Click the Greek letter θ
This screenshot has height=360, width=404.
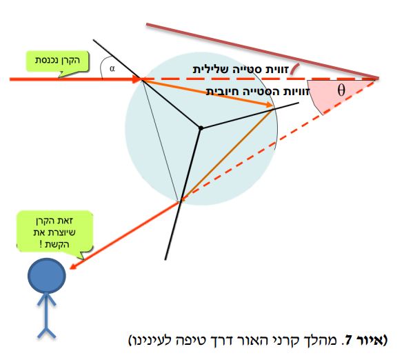[341, 90]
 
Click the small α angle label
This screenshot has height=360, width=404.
[112, 68]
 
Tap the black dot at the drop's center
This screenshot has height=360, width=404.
[201, 128]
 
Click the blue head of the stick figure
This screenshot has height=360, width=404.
[47, 276]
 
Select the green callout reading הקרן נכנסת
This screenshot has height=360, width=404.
[57, 62]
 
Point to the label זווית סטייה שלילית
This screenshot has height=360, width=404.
[241, 70]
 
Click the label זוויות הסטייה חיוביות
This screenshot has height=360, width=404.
[258, 92]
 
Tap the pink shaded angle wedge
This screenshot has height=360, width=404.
[335, 94]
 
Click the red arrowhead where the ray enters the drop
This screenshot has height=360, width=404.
[137, 79]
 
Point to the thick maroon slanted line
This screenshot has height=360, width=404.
[263, 51]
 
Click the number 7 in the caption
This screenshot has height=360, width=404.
[348, 340]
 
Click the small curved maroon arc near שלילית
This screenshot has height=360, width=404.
[295, 68]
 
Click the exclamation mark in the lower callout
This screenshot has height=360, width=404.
[41, 244]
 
